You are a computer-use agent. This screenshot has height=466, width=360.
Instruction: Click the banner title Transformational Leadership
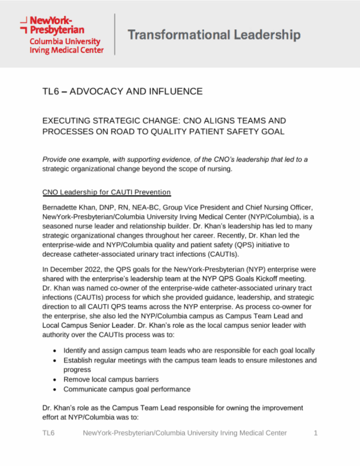coord(214,35)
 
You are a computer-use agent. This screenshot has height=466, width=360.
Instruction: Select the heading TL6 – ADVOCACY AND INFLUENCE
coord(122,91)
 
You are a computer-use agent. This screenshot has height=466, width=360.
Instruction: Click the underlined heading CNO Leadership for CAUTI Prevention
coord(106,192)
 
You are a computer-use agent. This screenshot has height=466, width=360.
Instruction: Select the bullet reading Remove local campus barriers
coord(111,379)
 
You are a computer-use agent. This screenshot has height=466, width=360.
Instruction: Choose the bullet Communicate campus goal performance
coord(127,389)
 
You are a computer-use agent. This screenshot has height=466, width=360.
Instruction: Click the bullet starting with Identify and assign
coord(189,350)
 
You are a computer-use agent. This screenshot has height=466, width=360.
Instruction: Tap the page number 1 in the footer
coord(316,433)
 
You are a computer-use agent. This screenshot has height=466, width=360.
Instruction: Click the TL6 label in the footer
coord(49,433)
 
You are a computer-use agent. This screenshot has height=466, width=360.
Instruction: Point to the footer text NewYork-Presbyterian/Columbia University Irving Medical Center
coord(185,433)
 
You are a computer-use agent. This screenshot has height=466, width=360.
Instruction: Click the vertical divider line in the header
coord(115,34)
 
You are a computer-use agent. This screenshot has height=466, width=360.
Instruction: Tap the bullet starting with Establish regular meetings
coord(190,360)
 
